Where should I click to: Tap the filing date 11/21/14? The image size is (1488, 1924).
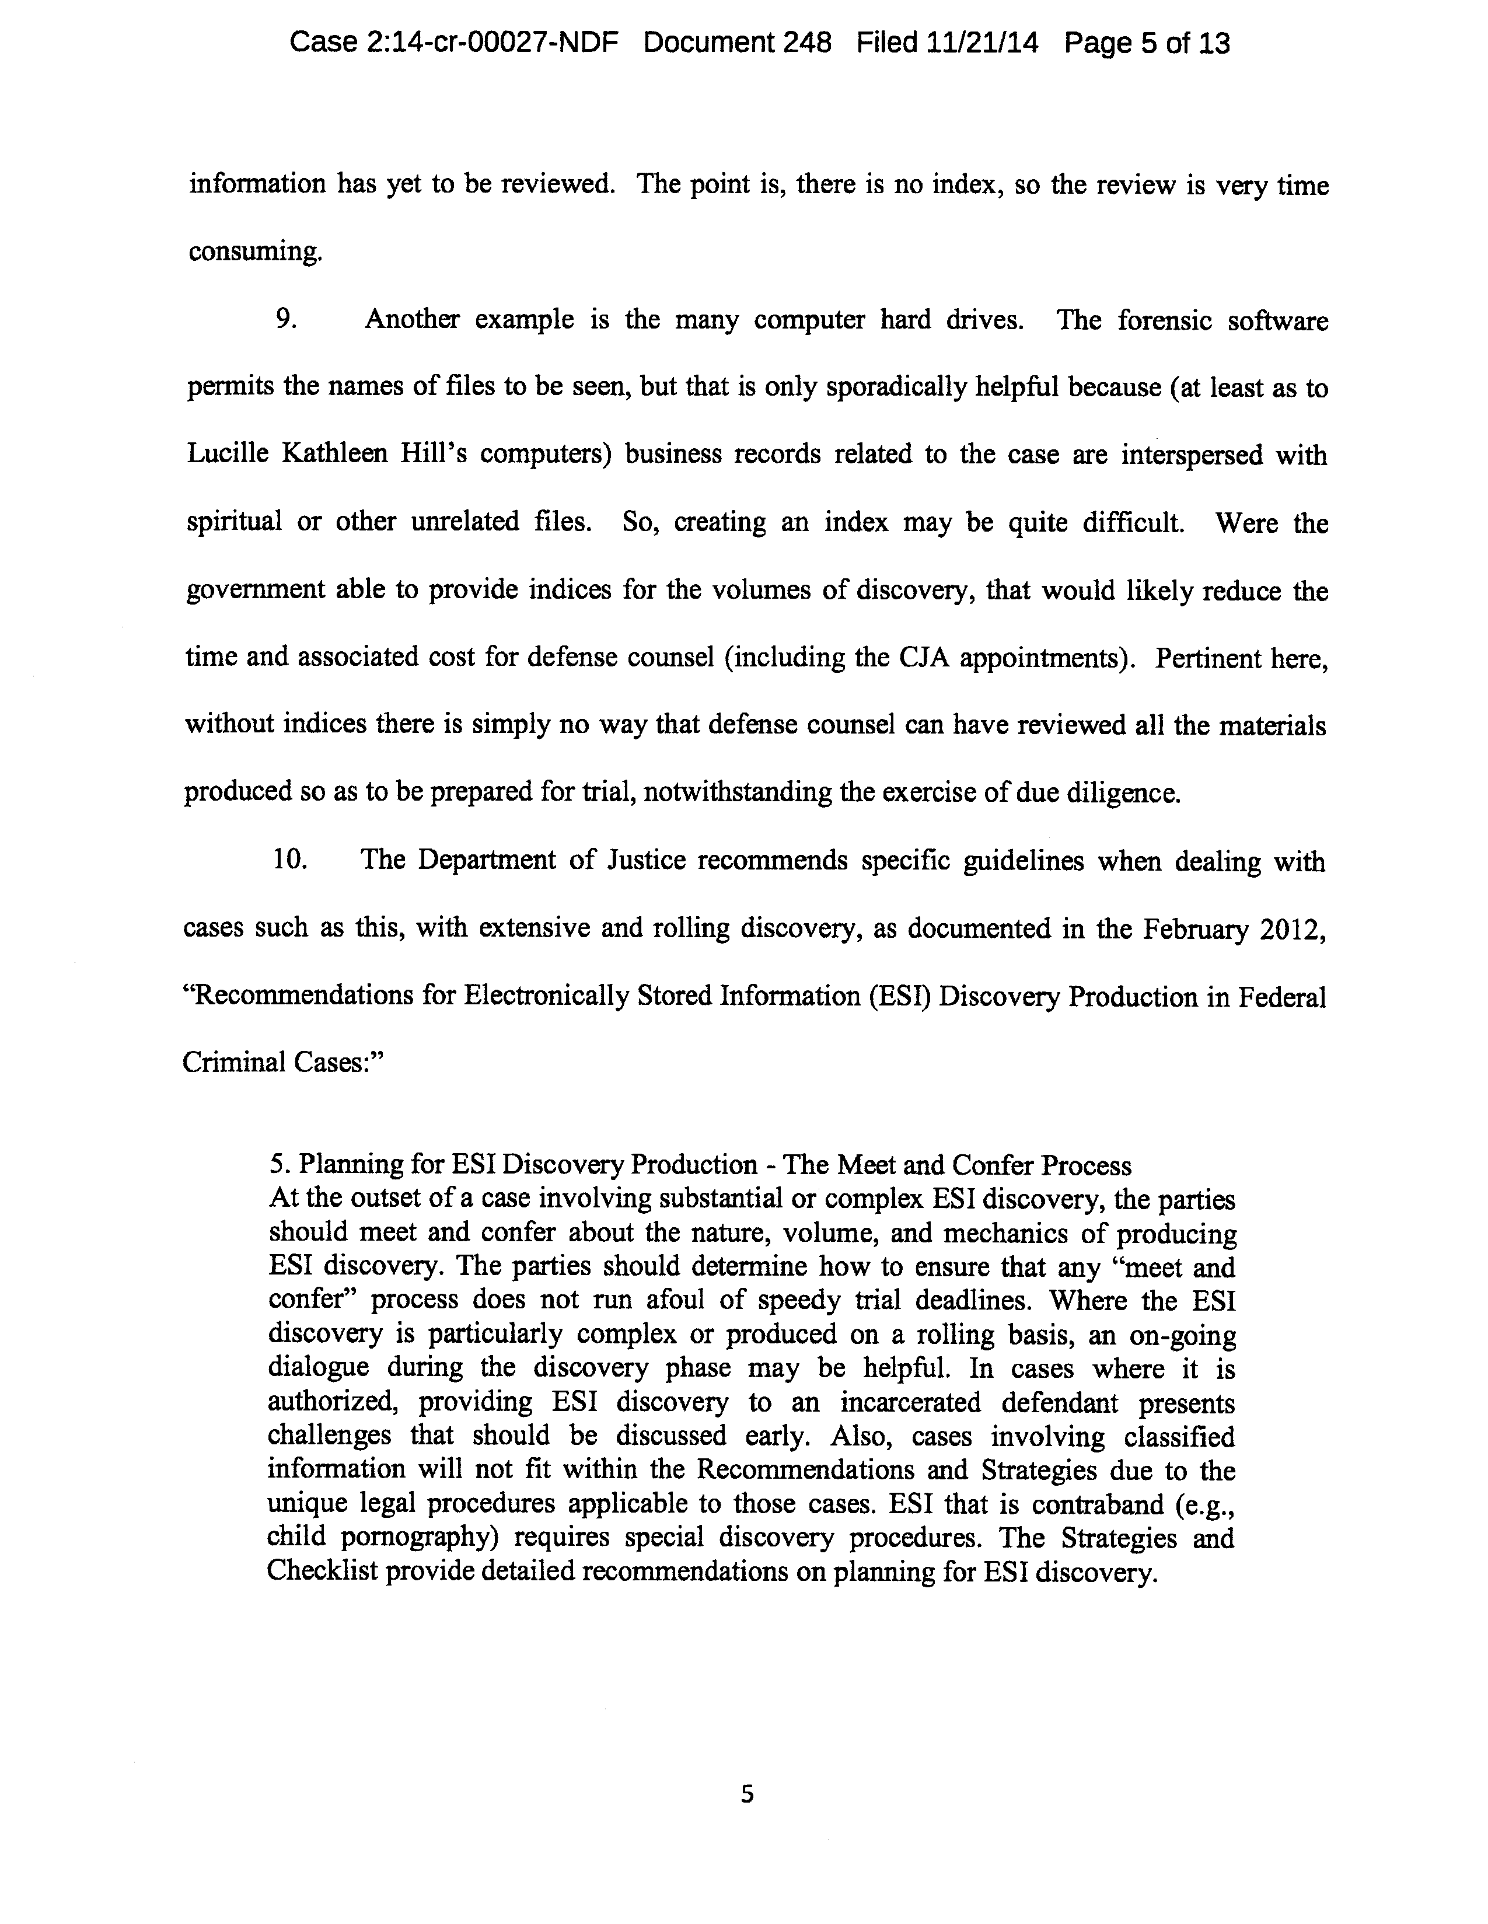(x=981, y=43)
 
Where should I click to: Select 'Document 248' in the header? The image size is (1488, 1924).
(x=738, y=43)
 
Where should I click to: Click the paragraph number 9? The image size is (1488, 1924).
(x=285, y=319)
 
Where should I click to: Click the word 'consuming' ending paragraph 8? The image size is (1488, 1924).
(x=254, y=252)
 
